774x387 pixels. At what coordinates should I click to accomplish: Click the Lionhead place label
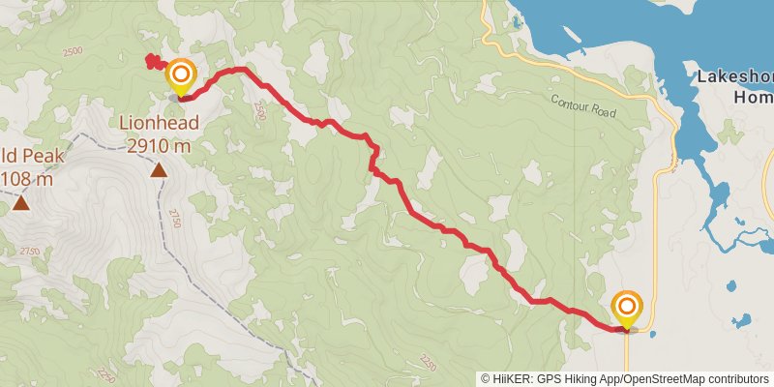pyautogui.click(x=160, y=123)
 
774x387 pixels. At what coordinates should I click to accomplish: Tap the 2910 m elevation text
pyautogui.click(x=160, y=145)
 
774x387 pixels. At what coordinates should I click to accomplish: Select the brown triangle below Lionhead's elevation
pyautogui.click(x=159, y=171)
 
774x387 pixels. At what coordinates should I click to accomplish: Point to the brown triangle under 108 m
pyautogui.click(x=20, y=203)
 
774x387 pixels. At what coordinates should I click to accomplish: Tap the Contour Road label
pyautogui.click(x=583, y=104)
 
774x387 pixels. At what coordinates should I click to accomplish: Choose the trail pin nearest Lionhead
pyautogui.click(x=180, y=76)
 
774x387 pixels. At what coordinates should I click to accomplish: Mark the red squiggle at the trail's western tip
pyautogui.click(x=152, y=62)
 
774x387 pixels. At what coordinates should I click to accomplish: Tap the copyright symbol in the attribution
pyautogui.click(x=486, y=379)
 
